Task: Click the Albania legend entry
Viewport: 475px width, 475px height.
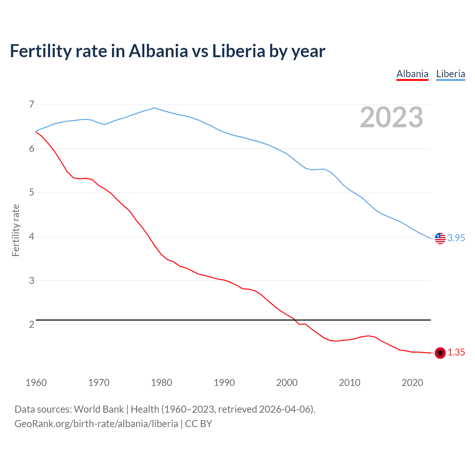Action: coord(412,74)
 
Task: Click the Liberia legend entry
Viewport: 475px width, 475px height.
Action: coord(451,74)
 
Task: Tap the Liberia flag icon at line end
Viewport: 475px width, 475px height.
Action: coord(440,238)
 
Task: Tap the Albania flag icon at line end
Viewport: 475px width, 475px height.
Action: coord(440,353)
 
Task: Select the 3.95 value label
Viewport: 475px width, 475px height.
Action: coord(456,238)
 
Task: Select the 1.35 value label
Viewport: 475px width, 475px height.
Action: coord(456,353)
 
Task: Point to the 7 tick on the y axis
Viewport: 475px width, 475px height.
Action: coord(32,104)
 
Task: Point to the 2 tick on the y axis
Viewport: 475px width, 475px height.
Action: coord(32,325)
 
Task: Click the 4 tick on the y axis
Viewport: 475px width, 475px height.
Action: coord(32,236)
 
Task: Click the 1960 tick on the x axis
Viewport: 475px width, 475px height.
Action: coord(36,383)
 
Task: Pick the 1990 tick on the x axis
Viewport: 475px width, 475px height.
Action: coord(224,383)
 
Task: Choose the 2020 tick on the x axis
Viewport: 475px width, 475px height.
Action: coord(412,383)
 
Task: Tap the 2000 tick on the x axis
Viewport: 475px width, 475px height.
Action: coord(287,383)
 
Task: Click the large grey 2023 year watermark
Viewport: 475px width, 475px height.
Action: coord(392,117)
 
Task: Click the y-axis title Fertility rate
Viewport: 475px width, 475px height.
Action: coord(16,230)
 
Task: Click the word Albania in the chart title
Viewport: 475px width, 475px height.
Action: coord(158,51)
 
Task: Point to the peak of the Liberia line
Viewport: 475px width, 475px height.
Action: coord(155,108)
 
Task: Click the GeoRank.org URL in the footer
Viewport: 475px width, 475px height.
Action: coord(96,424)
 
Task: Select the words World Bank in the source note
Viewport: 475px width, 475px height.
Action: coord(99,409)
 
